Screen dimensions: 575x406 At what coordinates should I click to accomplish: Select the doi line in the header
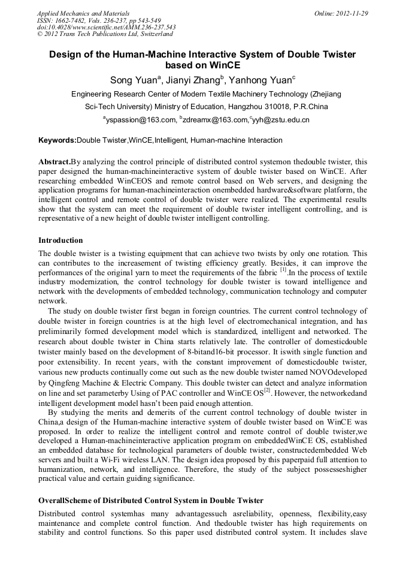pos(106,28)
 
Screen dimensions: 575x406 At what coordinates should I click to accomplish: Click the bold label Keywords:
pos(57,140)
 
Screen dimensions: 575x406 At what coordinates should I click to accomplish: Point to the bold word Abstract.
pos(54,162)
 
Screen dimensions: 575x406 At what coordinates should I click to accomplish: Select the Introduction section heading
pos(60,240)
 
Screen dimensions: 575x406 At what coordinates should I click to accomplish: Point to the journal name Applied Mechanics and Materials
pos(83,13)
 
